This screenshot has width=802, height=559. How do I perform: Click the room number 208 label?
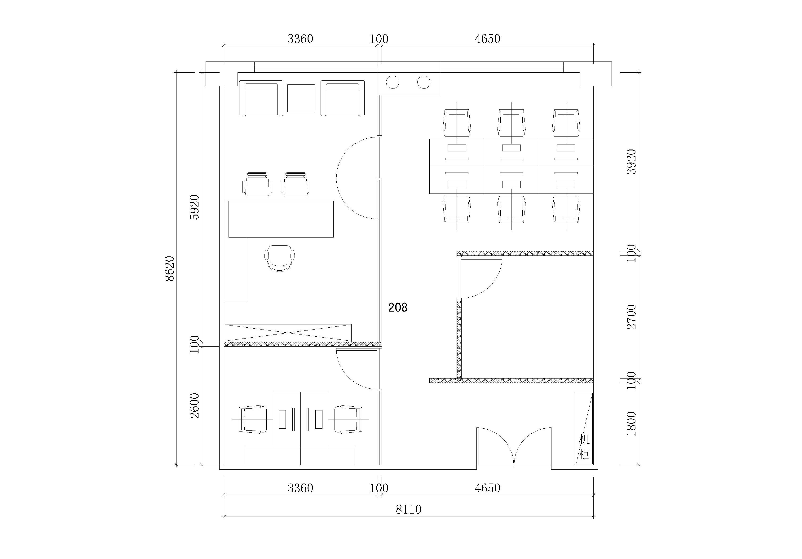pos(398,308)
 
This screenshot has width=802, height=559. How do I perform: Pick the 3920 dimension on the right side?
pos(631,162)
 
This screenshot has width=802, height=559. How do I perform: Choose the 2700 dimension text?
pos(631,317)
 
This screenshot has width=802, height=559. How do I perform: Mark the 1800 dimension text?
pos(631,424)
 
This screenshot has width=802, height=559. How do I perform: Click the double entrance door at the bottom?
pos(514,447)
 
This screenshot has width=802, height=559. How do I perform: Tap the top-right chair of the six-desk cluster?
pos(566,123)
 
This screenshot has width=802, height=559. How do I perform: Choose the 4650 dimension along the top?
pos(487,39)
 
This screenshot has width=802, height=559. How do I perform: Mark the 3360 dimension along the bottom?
pos(300,488)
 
